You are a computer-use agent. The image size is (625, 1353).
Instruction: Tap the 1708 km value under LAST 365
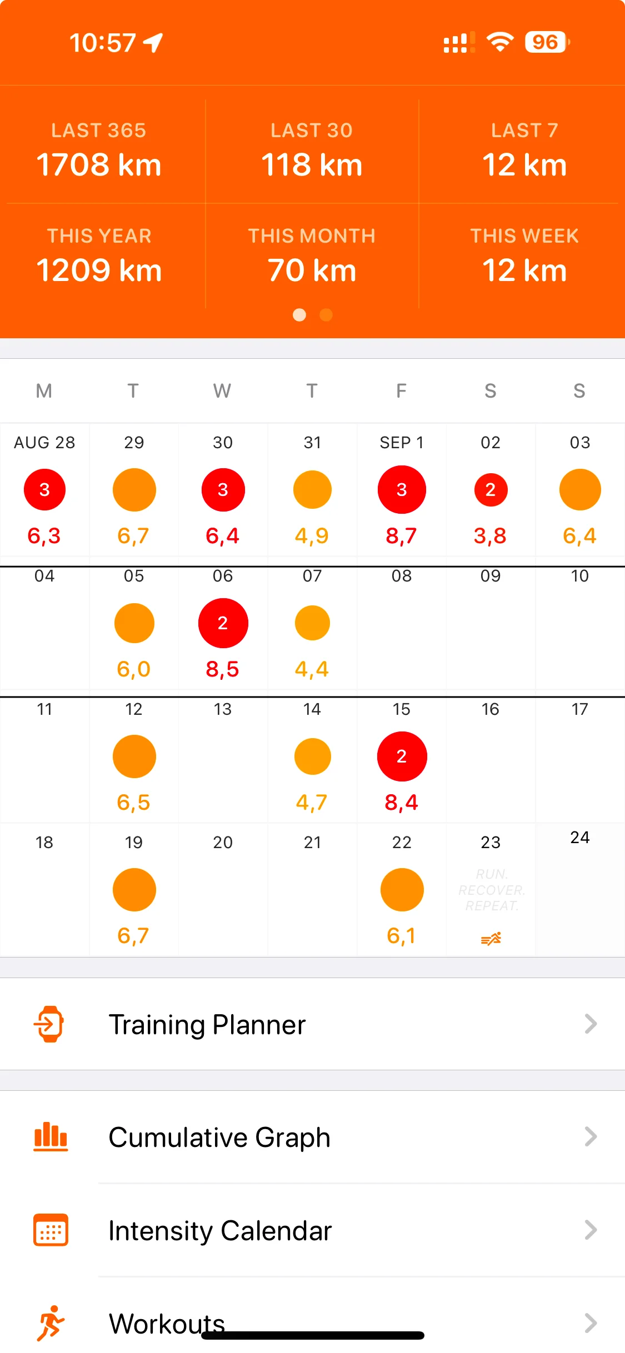(99, 165)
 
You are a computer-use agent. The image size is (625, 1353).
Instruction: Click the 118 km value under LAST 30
(312, 165)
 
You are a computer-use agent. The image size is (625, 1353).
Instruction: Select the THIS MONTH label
(312, 236)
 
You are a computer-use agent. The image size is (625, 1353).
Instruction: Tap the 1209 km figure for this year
(99, 270)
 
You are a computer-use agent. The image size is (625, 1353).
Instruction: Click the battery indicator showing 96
(546, 42)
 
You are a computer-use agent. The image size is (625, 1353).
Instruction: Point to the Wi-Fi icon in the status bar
(500, 42)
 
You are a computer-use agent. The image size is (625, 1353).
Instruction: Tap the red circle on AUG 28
(44, 489)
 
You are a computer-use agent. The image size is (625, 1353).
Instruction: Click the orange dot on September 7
(312, 623)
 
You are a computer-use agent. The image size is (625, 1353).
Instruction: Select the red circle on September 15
(402, 756)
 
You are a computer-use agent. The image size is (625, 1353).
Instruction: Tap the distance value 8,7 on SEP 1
(401, 536)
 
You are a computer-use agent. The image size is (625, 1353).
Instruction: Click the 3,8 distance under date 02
(490, 536)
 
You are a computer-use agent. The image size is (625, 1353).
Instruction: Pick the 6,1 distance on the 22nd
(401, 936)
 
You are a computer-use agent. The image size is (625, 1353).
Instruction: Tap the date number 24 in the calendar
(579, 838)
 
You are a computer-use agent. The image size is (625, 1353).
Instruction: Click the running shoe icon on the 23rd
(491, 939)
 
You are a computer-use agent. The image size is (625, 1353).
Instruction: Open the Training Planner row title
(207, 1025)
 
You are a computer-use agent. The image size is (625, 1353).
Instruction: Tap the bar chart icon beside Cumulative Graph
(51, 1136)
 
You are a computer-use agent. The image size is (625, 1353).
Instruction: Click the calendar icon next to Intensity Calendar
(51, 1230)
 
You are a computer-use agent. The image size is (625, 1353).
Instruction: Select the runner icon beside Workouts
(51, 1323)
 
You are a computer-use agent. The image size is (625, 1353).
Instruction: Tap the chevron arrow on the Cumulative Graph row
(591, 1137)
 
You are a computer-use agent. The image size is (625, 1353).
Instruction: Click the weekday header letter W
(222, 391)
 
